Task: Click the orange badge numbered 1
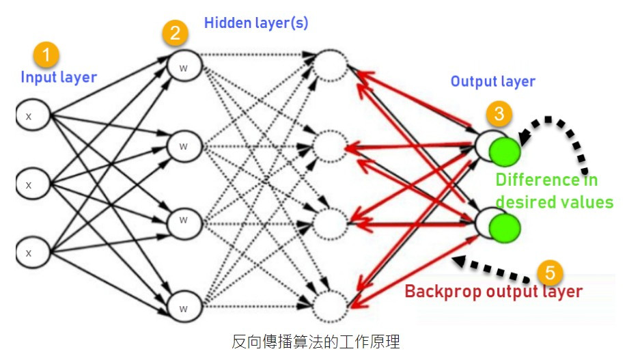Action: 46,54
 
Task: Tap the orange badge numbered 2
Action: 175,32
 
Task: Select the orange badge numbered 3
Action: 499,113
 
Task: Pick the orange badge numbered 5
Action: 549,273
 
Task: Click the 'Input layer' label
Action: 59,77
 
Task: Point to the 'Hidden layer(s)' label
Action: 256,23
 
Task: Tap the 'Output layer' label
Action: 492,82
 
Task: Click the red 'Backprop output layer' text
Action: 493,292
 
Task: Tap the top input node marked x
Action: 30,116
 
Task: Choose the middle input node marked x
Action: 30,184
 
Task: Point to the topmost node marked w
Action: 183,68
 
